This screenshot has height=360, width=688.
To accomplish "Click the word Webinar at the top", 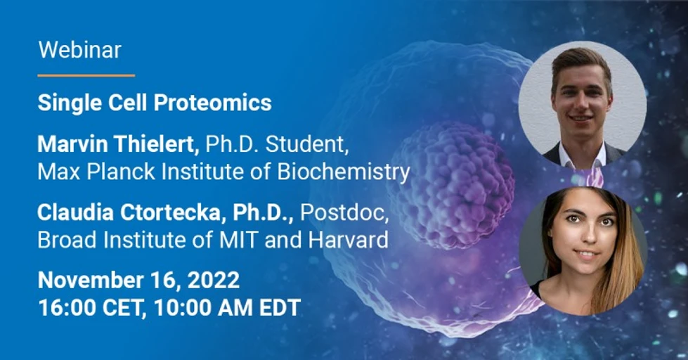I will tap(79, 50).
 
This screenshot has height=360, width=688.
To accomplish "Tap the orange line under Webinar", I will tap(86, 75).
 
